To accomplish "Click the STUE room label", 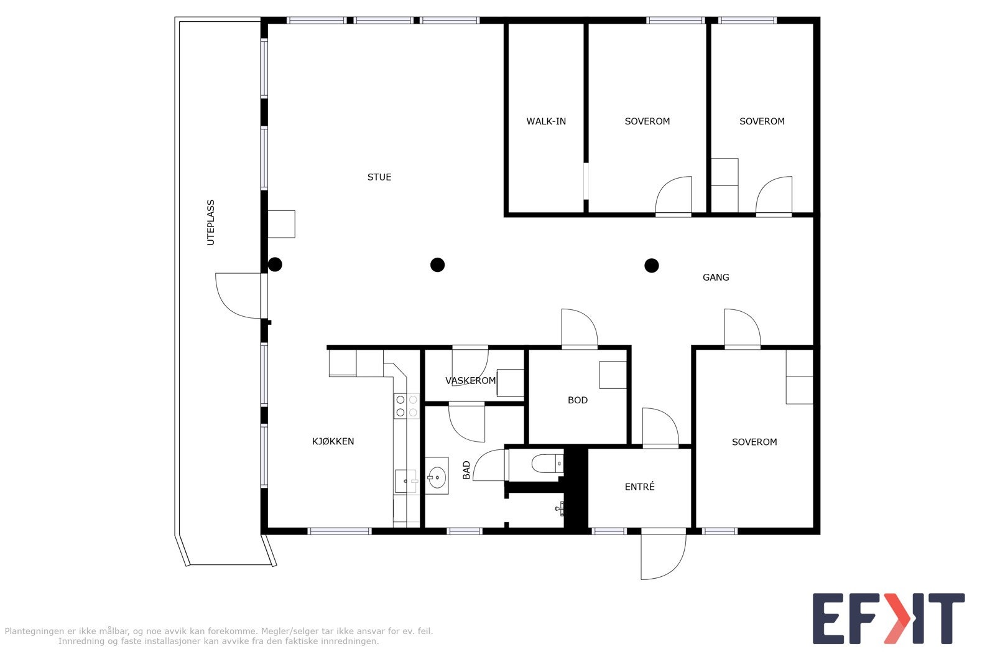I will [x=379, y=177].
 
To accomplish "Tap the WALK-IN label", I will [x=546, y=121].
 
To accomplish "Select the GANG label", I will [x=716, y=278].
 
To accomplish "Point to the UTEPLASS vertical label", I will [x=211, y=223].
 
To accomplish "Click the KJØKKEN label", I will [x=333, y=442].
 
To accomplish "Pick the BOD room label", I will [x=578, y=400].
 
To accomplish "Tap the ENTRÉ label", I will [x=639, y=487].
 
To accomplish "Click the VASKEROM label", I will [x=471, y=381].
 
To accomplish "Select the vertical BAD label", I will [x=467, y=470].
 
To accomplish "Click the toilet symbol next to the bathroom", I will [x=545, y=464].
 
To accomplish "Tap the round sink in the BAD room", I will [x=437, y=477].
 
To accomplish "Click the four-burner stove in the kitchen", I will [x=406, y=406].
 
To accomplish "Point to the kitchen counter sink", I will [x=405, y=481].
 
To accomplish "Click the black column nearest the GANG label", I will [x=651, y=266].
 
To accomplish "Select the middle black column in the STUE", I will [x=438, y=265].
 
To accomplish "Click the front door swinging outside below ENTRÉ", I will [x=664, y=555].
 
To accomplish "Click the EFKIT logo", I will [x=888, y=619].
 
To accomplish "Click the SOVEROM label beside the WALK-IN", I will [x=647, y=121].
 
